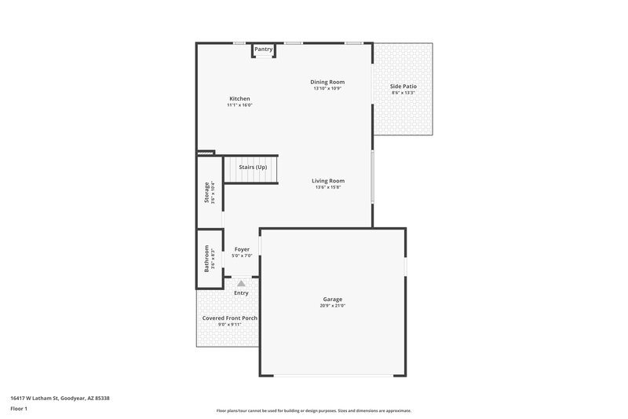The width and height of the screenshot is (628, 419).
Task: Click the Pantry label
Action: point(264,50)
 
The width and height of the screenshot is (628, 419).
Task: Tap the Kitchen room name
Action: point(239,98)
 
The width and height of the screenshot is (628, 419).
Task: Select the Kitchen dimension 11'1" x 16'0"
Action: point(239,105)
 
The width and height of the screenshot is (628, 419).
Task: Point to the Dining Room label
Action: point(327,82)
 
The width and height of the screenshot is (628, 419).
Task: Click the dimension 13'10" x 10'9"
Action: point(327,89)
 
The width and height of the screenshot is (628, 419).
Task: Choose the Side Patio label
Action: point(403,86)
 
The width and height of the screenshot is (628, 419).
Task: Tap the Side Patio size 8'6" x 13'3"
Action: point(403,93)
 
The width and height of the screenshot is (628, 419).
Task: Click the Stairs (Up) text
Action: point(253,167)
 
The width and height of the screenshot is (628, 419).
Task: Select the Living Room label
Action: point(328,181)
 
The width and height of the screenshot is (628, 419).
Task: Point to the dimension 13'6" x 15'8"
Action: point(328,188)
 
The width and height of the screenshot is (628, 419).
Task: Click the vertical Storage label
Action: point(207,193)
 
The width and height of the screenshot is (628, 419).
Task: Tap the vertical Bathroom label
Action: point(207,258)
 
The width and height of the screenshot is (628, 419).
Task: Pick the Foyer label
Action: point(242,249)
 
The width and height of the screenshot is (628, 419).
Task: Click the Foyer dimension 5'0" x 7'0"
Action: point(242,256)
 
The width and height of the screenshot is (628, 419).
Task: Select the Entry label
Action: point(241,293)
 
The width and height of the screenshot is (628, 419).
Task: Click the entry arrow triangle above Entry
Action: point(241,283)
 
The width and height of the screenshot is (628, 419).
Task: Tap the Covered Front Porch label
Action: point(230,318)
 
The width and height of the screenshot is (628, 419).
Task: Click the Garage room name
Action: point(333,299)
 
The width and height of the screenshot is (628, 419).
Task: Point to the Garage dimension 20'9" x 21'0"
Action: point(333,306)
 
